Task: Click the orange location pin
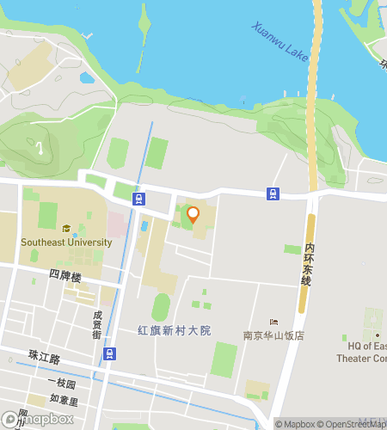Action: coord(193,215)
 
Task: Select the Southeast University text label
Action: coord(66,243)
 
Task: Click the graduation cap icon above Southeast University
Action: coord(66,229)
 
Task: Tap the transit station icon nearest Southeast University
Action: coord(138,199)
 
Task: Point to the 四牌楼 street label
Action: coord(64,278)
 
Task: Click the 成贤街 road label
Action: coord(98,326)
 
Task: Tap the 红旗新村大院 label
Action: coord(175,330)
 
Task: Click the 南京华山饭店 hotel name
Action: coord(273,335)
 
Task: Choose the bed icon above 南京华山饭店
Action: coord(273,322)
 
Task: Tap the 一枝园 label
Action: coord(63,384)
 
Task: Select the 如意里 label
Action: coord(64,401)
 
